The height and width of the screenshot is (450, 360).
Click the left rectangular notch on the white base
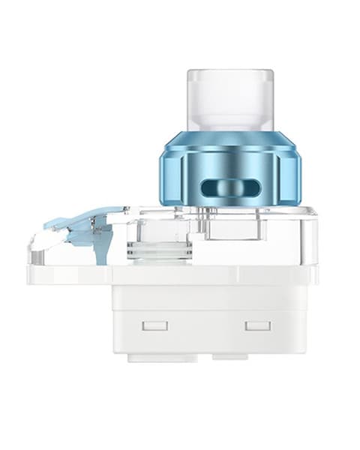tap(156, 326)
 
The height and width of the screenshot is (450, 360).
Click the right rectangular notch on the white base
tap(257, 326)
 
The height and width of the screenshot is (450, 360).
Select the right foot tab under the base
tap(240, 358)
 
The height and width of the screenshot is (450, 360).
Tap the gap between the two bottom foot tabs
tap(200, 358)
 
